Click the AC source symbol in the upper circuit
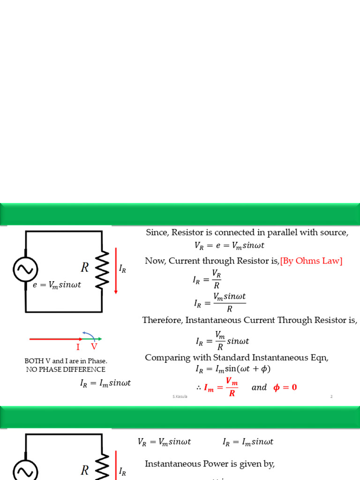(x=25, y=269)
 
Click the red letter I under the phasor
(x=78, y=347)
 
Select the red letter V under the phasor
(x=94, y=347)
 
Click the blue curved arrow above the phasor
(x=89, y=334)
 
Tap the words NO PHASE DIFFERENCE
(x=66, y=370)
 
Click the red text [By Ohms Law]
(x=311, y=261)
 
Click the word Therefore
(x=162, y=320)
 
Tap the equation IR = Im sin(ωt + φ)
(x=233, y=369)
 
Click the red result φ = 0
(x=285, y=387)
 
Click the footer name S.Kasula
(x=180, y=397)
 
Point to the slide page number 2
(x=331, y=397)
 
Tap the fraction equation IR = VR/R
(x=207, y=279)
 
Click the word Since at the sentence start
(x=157, y=232)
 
